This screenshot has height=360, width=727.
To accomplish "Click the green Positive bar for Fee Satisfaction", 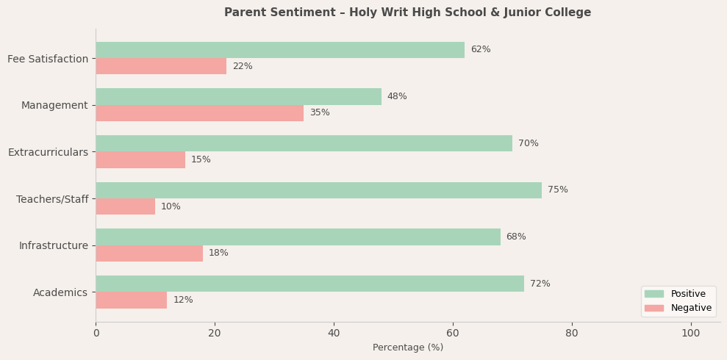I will pyautogui.click(x=280, y=50).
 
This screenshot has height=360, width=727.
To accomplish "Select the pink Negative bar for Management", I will pyautogui.click(x=199, y=113).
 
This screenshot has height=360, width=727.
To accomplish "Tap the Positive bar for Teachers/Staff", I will pyautogui.click(x=318, y=190).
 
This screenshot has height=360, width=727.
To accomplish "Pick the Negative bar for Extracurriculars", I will pyautogui.click(x=140, y=160).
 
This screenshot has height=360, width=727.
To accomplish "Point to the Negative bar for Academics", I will pyautogui.click(x=132, y=300).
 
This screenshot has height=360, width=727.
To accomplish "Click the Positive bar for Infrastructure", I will pyautogui.click(x=298, y=237).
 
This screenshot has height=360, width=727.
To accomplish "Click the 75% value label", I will pyautogui.click(x=557, y=190).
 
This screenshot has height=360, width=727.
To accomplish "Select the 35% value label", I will pyautogui.click(x=319, y=113).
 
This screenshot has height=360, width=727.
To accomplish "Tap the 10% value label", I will pyautogui.click(x=171, y=207).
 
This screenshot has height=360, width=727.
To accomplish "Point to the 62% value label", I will pyautogui.click(x=480, y=50).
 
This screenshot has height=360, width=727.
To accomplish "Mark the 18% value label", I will pyautogui.click(x=218, y=253).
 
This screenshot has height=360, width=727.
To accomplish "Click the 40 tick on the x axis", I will pyautogui.click(x=334, y=334).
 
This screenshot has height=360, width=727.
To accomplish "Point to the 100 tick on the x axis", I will pyautogui.click(x=690, y=334).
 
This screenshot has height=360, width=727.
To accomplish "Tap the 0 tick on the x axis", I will pyautogui.click(x=96, y=334).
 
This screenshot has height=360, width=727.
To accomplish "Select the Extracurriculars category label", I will pyautogui.click(x=48, y=152).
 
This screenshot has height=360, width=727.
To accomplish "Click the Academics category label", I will pyautogui.click(x=60, y=293).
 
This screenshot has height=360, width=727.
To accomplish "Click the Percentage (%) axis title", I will pyautogui.click(x=407, y=348).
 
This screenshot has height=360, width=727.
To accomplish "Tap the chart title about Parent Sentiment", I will pyautogui.click(x=407, y=12).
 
